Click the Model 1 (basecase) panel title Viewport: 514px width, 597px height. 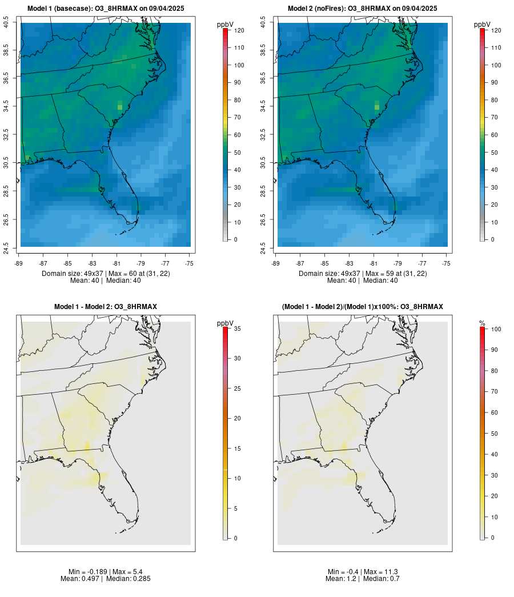tap(106, 9)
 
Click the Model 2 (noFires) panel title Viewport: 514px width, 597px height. tap(363, 9)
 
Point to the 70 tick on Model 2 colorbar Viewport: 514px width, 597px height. tap(494, 117)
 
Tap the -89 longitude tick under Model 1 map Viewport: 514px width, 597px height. tap(19, 263)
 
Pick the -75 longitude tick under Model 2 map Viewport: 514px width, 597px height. tap(446, 263)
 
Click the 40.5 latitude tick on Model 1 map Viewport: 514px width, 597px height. tap(6, 23)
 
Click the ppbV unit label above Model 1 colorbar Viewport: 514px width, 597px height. tap(226, 25)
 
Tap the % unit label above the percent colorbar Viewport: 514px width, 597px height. tap(482, 323)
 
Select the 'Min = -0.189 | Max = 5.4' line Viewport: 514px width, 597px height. tap(106, 572)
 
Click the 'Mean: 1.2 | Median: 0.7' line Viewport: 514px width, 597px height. tap(363, 579)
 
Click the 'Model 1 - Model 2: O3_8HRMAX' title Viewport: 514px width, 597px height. tap(106, 307)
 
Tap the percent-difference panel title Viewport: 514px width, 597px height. tap(363, 307)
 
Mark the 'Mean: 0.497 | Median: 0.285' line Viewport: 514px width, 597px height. tap(106, 579)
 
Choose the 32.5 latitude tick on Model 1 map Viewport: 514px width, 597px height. tap(6, 135)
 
